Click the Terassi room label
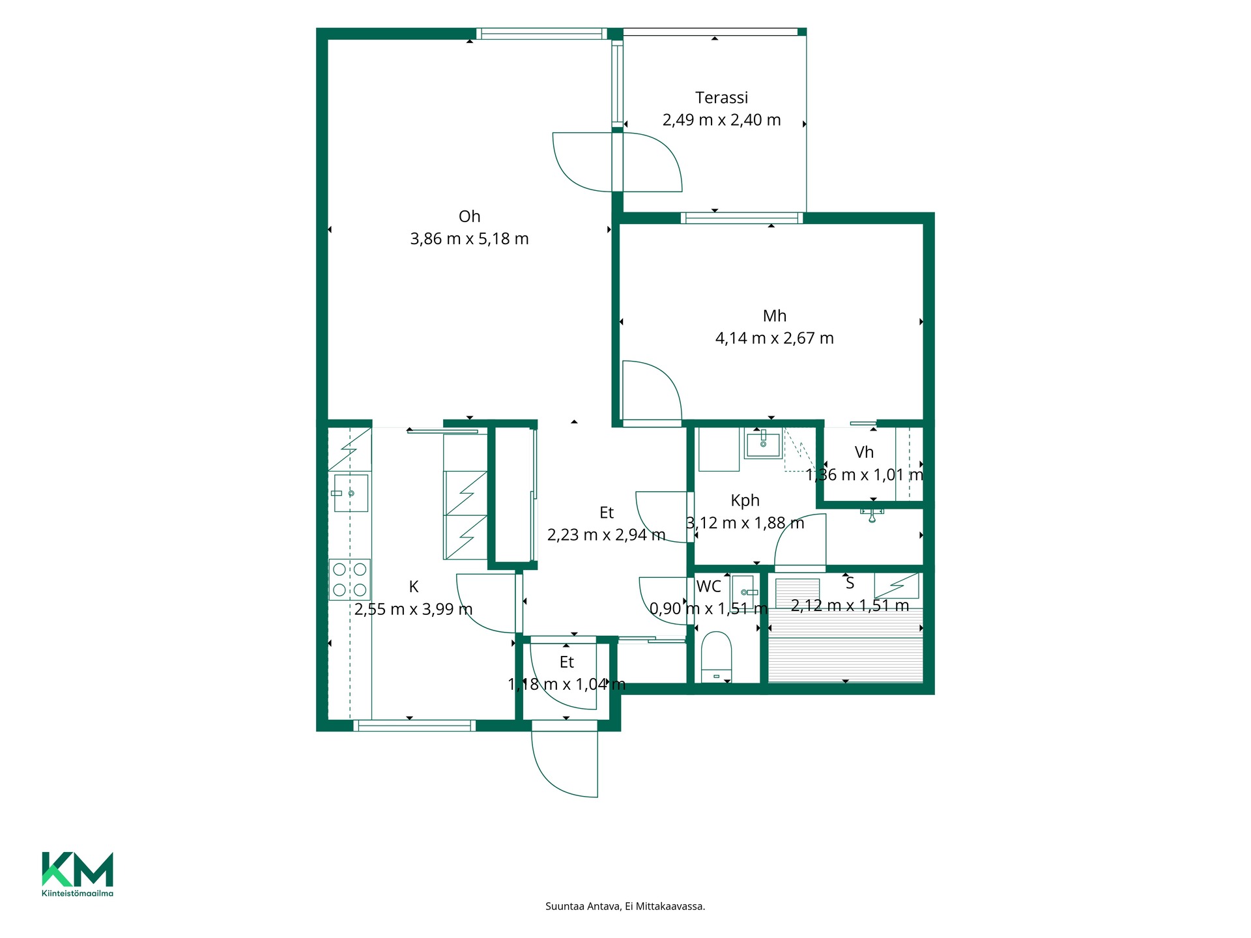point(721,98)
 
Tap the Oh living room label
point(469,216)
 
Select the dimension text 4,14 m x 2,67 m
point(774,338)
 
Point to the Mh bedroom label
point(774,316)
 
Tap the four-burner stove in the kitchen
point(350,579)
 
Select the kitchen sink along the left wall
point(351,493)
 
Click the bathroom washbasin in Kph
point(763,444)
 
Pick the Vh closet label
point(864,452)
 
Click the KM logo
point(78,869)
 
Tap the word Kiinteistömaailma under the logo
point(78,893)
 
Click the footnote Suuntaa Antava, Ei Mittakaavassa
point(625,906)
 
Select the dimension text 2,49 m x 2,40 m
point(721,120)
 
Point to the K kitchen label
point(413,587)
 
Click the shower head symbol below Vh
point(872,515)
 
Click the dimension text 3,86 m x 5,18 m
point(469,239)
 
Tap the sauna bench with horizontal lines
point(846,645)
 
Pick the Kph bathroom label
point(745,501)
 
